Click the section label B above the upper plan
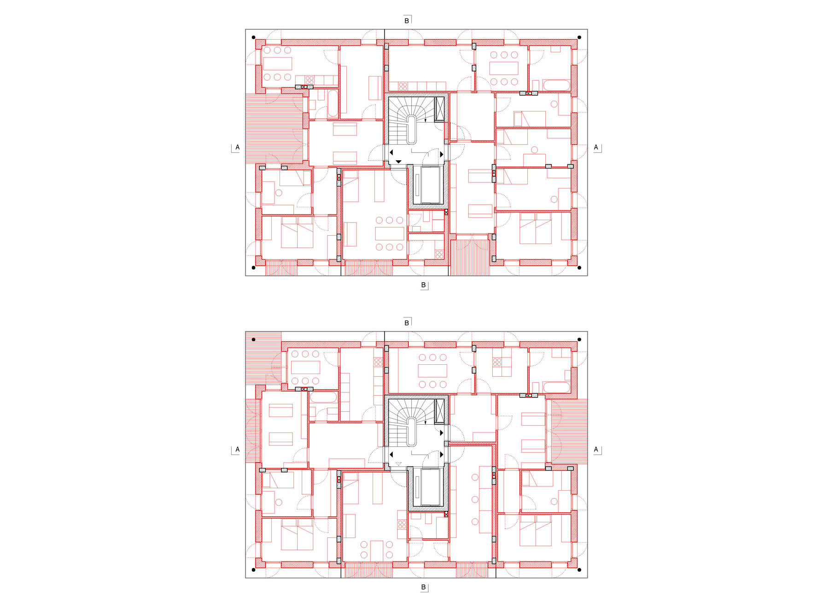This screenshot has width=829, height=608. (x=407, y=21)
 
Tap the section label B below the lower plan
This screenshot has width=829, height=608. (x=423, y=587)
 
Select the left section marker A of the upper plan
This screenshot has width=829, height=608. (x=237, y=147)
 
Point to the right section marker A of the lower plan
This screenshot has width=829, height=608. (x=596, y=450)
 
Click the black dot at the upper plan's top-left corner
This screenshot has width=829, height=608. (x=253, y=37)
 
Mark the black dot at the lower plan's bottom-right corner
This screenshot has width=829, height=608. (x=579, y=570)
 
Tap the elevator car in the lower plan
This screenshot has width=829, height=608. (x=431, y=487)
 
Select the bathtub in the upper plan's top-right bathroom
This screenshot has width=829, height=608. (x=556, y=85)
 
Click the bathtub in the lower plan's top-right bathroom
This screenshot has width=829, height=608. (x=556, y=387)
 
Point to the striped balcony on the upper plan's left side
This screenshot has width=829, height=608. (x=274, y=129)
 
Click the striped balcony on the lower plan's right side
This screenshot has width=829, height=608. (x=569, y=431)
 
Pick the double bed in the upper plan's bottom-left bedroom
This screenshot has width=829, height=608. (x=297, y=233)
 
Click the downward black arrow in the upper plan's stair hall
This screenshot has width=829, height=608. (x=398, y=162)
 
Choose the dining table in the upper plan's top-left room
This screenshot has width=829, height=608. (x=277, y=64)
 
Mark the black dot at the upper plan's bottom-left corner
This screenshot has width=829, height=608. (x=253, y=268)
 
